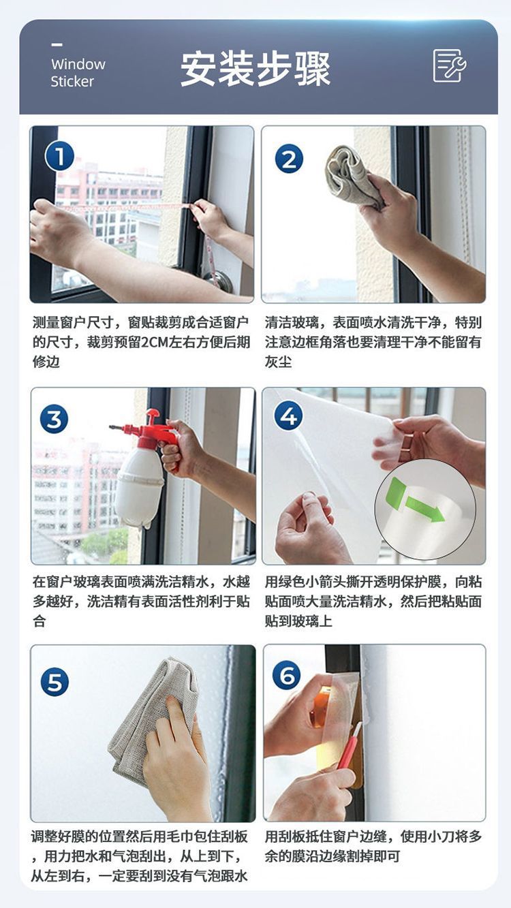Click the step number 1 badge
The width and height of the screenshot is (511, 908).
pos(60,156)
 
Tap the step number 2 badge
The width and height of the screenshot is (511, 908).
pos(289,159)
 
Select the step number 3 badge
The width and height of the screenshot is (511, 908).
pos(55,419)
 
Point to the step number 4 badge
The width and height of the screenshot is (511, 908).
pos(288,416)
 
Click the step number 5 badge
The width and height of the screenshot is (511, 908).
pos(55,682)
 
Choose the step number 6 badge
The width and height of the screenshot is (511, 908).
pos(287,675)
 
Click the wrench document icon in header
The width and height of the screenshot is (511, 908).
pos(450,66)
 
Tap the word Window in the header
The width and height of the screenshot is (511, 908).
pos(78,64)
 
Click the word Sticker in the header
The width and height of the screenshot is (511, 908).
pos(72,82)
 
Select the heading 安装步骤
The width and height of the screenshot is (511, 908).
pos(255,69)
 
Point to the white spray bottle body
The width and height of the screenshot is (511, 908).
pos(139,486)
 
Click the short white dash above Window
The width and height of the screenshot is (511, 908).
pos(57,44)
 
